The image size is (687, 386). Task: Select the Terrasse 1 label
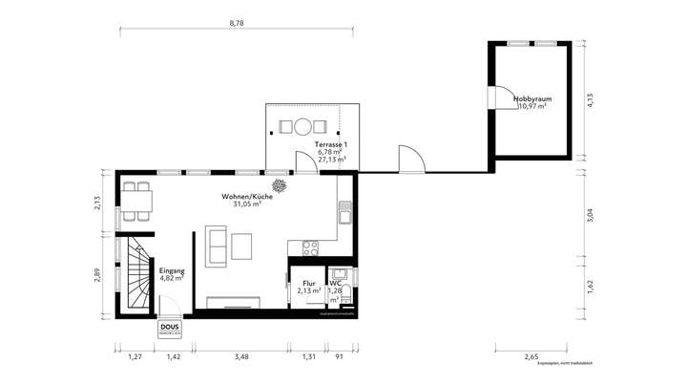click(332, 143)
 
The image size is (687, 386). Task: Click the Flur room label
click(309, 284)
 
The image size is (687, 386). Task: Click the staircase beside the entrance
click(135, 276)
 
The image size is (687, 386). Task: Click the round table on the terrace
click(302, 125)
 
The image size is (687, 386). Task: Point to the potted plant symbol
click(281, 185)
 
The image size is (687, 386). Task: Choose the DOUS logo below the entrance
click(170, 328)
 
